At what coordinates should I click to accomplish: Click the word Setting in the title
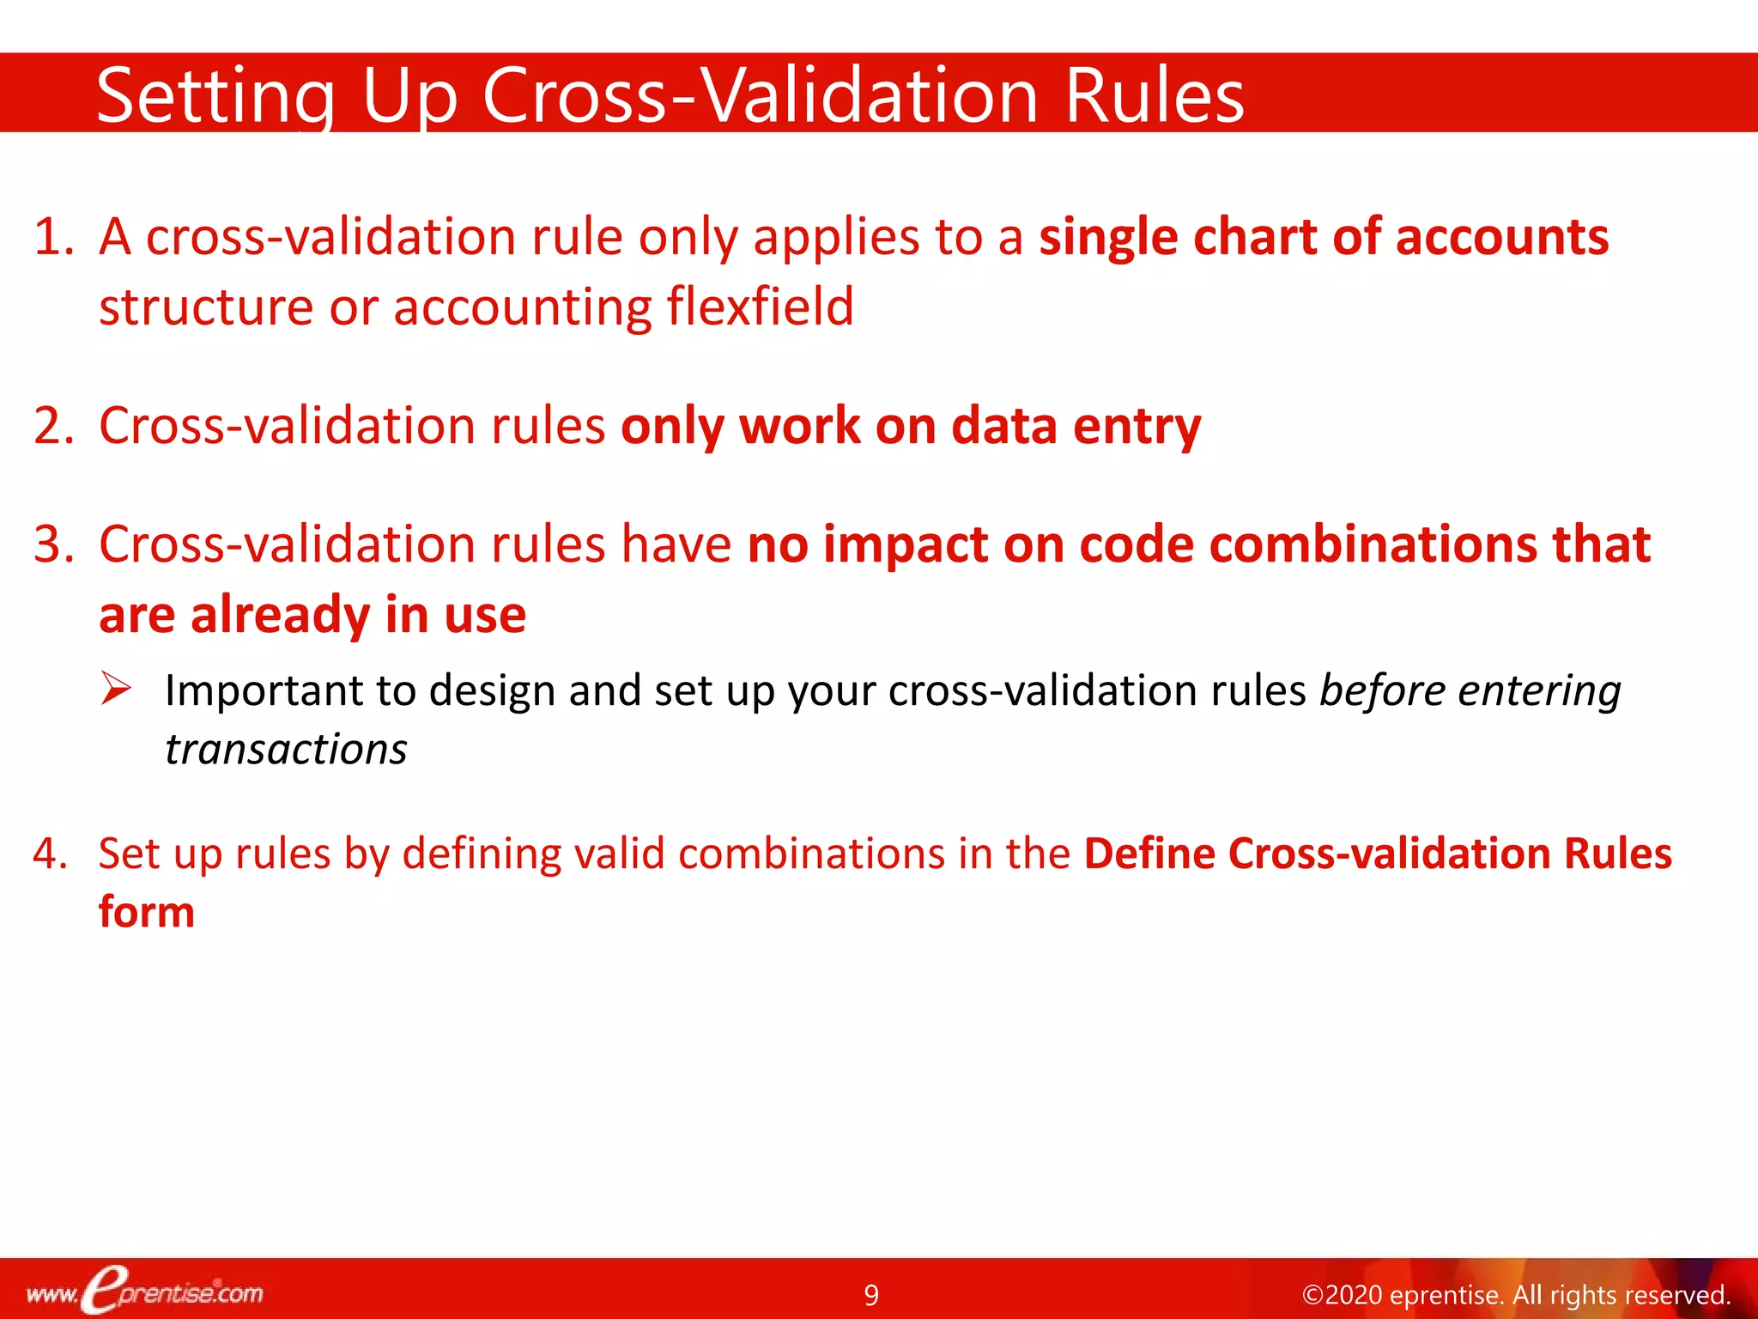(215, 96)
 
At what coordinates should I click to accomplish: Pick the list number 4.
(50, 854)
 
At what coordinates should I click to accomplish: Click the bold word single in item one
(1107, 238)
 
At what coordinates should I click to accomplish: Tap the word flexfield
(760, 307)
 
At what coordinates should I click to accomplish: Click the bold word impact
(905, 545)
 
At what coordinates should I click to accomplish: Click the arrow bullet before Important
(115, 690)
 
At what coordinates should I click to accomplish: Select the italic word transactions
(286, 750)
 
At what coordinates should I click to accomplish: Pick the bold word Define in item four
(1150, 854)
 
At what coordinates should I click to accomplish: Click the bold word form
(147, 912)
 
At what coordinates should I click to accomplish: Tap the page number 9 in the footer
(871, 1295)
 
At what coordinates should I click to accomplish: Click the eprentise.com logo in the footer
(146, 1292)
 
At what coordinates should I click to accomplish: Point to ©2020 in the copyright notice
(1342, 1295)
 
